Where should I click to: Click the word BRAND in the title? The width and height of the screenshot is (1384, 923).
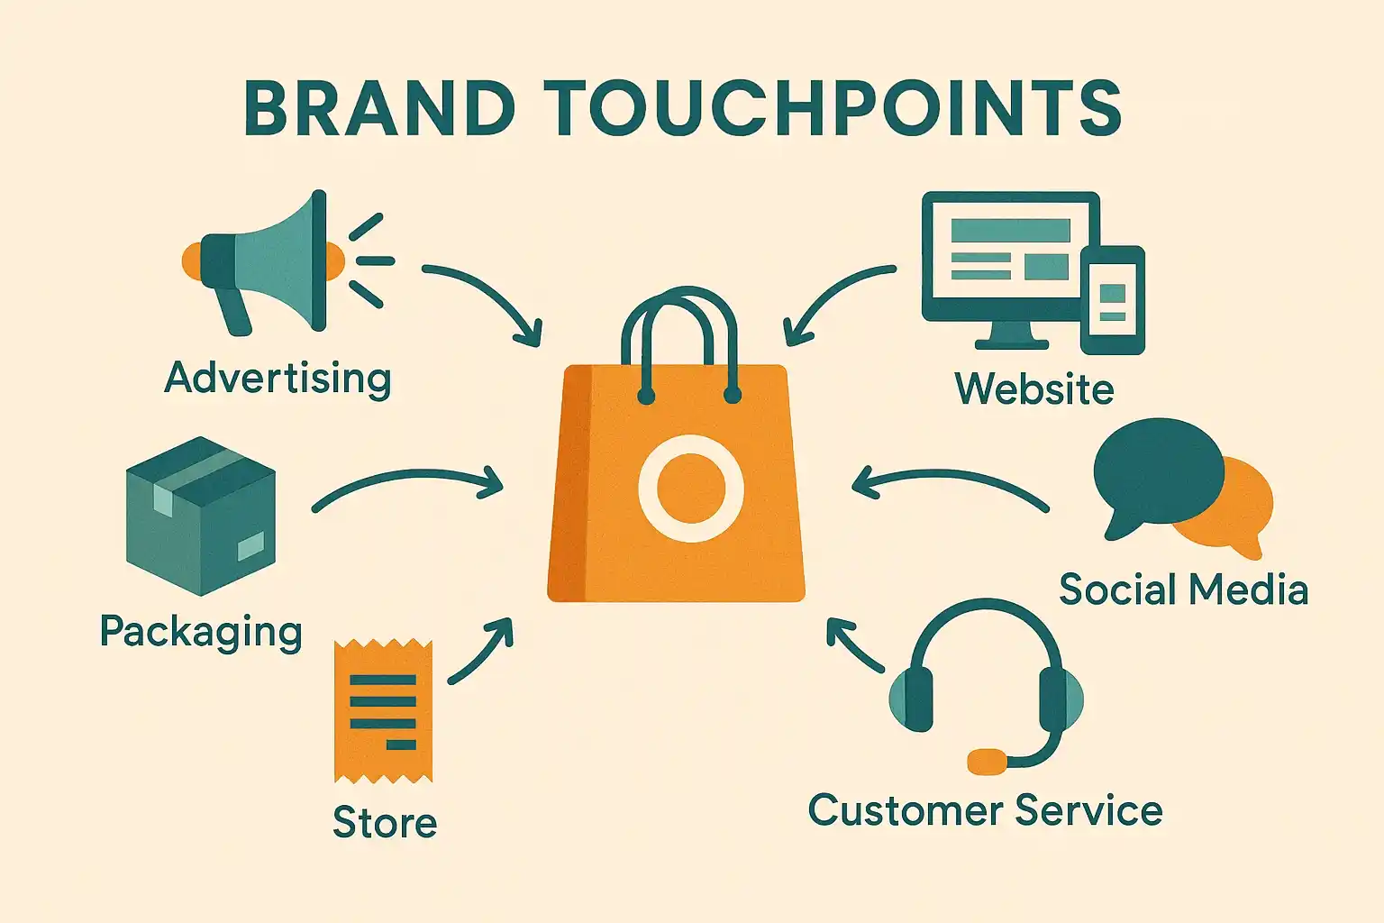click(x=379, y=107)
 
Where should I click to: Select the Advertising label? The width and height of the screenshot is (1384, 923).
click(x=278, y=378)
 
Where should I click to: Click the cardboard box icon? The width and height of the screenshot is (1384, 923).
click(x=200, y=516)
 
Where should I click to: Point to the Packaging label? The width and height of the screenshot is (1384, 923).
click(x=202, y=633)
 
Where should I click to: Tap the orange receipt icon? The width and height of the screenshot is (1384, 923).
click(x=383, y=711)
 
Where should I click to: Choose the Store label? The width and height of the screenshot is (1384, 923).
click(x=385, y=822)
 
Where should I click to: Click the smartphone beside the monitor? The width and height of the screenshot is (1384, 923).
click(x=1113, y=300)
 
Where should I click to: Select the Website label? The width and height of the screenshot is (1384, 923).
click(x=1034, y=388)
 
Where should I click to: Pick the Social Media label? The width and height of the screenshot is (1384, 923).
click(x=1184, y=589)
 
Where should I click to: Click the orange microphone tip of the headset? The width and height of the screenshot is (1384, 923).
click(x=987, y=762)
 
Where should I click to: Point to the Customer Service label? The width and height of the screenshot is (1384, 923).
click(x=986, y=810)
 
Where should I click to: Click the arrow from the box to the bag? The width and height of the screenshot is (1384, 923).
click(x=408, y=474)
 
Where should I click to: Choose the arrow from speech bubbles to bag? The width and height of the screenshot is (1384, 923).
click(x=949, y=475)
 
